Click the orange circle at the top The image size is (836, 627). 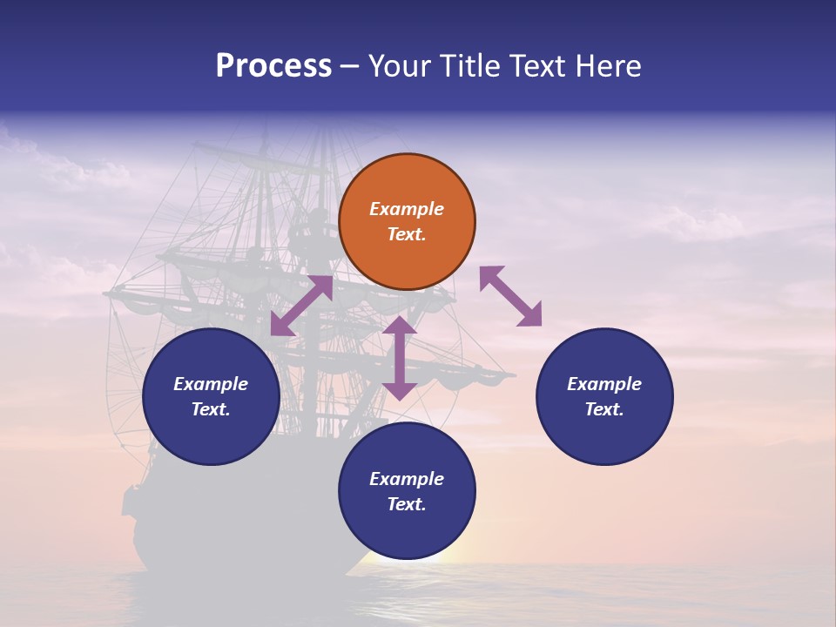pos(407,221)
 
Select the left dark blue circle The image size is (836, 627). pos(211,396)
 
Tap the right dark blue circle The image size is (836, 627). pos(604,396)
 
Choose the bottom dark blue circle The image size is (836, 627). pos(407,491)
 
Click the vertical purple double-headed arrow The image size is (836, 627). pos(400,358)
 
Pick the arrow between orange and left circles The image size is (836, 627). pos(301,306)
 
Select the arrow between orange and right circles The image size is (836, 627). pos(510,296)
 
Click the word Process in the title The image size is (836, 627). pos(273,66)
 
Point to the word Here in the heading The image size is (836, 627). pos(608,66)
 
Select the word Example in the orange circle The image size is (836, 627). pos(407,209)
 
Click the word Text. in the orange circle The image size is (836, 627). pos(407,234)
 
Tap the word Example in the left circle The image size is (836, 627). pos(211,384)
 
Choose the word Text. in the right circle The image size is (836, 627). pos(604,409)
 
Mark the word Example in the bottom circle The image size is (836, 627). pos(407,479)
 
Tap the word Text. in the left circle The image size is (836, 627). pos(211,409)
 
